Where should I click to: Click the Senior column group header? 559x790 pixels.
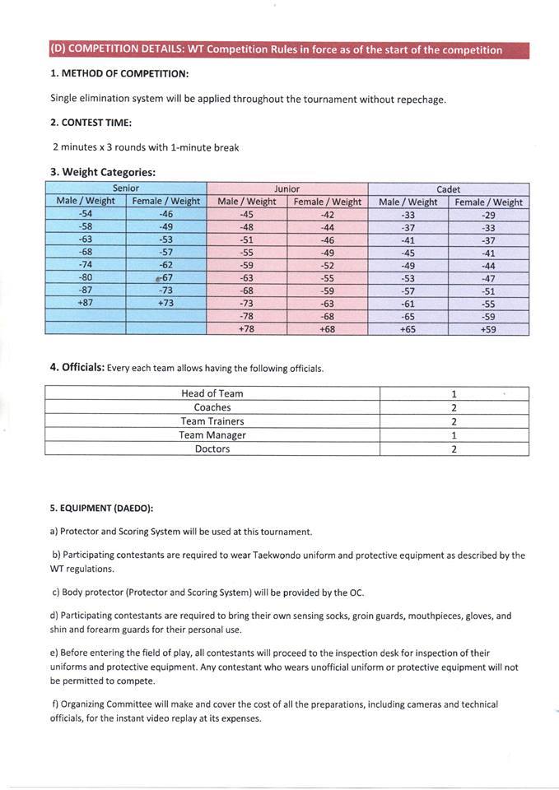point(126,188)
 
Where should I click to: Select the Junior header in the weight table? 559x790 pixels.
point(286,188)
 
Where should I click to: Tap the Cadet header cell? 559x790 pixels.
point(448,189)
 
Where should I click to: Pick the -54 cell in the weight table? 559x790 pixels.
point(86,214)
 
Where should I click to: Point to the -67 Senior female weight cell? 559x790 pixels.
point(165,277)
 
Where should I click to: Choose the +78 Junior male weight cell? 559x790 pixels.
point(246,328)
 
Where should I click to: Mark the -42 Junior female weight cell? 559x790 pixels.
point(327,214)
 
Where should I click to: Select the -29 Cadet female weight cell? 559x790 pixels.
point(488,215)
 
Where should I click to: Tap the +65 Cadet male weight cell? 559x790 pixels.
point(408,328)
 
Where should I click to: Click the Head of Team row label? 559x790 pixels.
point(212,393)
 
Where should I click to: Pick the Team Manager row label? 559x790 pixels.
point(212,435)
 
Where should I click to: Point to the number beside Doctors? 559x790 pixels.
point(454,449)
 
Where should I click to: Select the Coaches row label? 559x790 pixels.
point(212,407)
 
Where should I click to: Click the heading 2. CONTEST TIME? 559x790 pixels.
point(91,123)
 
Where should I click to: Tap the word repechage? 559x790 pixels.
point(418,99)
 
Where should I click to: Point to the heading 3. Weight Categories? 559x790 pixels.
point(102,172)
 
